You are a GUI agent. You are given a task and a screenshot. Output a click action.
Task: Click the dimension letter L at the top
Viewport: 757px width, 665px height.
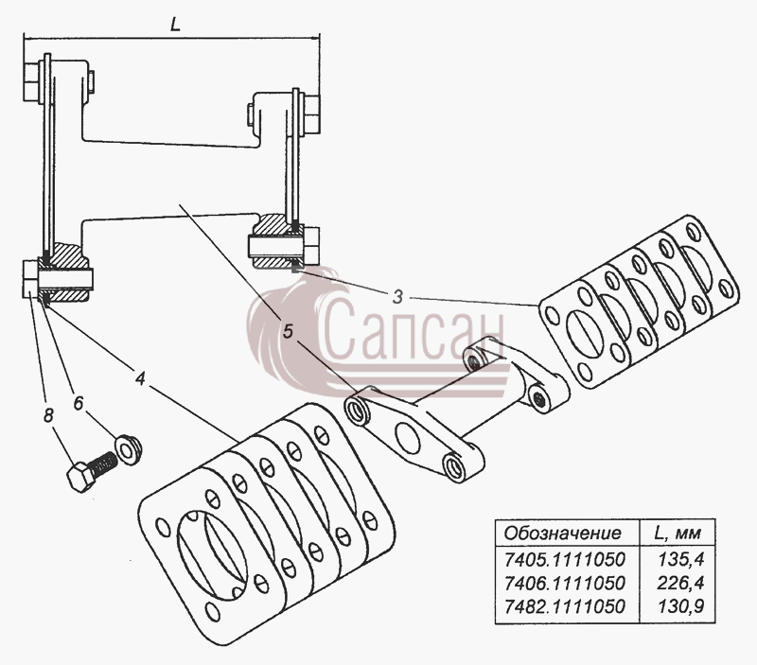175,25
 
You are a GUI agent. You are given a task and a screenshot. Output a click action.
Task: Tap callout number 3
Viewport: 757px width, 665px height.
397,297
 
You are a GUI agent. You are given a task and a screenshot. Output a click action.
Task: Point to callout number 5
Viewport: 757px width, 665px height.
288,332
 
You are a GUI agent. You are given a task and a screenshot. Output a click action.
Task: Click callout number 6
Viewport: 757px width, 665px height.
79,403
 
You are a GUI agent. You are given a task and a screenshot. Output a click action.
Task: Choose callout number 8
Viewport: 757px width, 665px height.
48,415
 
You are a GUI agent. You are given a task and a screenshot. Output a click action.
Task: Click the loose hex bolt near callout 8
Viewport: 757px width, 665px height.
92,471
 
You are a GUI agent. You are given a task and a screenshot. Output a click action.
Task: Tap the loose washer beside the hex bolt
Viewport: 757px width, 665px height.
128,449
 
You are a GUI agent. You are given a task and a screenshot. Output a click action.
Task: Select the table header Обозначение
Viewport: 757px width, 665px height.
562,534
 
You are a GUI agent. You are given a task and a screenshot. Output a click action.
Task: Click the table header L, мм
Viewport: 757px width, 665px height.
678,534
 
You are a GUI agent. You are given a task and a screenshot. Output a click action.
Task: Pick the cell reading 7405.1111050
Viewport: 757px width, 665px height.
564,560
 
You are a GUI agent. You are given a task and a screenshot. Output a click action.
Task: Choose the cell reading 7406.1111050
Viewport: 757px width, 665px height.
564,583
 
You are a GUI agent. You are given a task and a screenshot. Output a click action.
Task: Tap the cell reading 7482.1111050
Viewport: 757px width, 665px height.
564,606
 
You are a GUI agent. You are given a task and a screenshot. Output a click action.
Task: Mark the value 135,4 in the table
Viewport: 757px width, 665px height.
680,560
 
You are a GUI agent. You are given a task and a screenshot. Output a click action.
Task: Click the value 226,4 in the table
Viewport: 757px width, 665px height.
680,583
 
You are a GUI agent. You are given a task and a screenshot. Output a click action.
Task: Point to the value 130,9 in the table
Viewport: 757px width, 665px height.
680,606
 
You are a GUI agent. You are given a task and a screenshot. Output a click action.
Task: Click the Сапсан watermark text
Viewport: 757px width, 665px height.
412,328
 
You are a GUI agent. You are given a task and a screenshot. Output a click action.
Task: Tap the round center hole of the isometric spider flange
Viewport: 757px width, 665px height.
408,438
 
